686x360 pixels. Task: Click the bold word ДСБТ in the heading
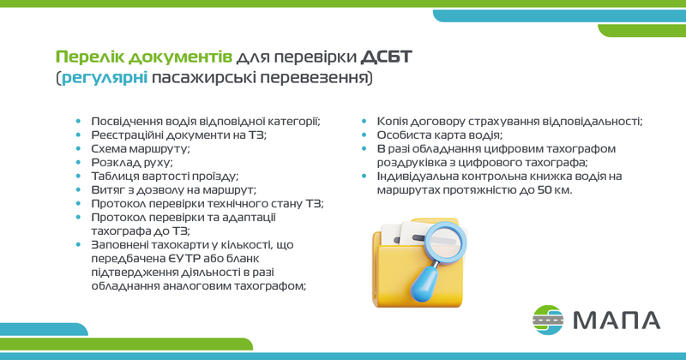click(x=387, y=57)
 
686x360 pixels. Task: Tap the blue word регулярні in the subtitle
click(x=105, y=78)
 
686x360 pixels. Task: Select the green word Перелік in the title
click(x=90, y=57)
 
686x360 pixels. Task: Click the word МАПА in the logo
click(x=617, y=321)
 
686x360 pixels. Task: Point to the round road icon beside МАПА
click(x=548, y=320)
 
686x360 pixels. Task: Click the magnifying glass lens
click(x=446, y=243)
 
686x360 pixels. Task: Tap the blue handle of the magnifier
click(x=424, y=285)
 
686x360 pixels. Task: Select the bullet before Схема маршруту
click(x=78, y=149)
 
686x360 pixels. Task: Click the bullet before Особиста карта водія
click(x=364, y=135)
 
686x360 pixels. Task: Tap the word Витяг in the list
click(x=103, y=190)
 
